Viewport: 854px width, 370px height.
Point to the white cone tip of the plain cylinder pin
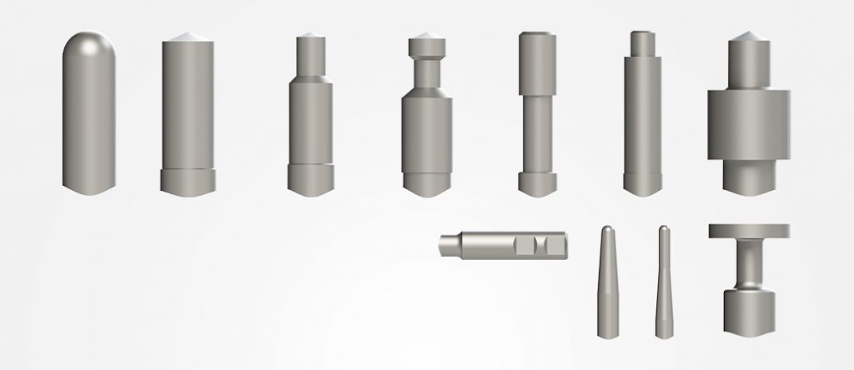pyautogui.click(x=188, y=37)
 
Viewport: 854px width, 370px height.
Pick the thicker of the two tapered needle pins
pyautogui.click(x=609, y=283)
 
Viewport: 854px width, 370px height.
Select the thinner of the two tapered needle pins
pyautogui.click(x=664, y=283)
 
